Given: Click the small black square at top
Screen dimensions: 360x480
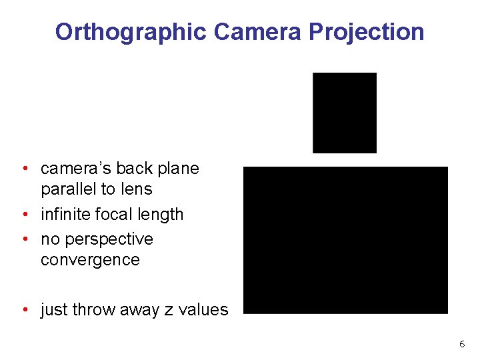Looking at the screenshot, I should (x=345, y=113).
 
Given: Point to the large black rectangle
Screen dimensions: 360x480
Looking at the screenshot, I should (x=345, y=240).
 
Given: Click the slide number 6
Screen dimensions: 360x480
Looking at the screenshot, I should (x=461, y=344).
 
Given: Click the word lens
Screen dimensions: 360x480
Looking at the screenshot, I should (x=136, y=189).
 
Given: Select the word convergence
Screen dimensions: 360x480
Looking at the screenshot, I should (x=90, y=260).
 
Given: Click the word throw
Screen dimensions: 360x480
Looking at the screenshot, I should (x=93, y=310).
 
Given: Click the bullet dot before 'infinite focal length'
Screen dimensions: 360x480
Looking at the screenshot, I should (x=24, y=215).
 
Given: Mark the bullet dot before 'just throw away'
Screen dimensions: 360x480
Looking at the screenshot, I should (x=24, y=310).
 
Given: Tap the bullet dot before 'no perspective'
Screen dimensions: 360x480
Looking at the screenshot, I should (x=24, y=239).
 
